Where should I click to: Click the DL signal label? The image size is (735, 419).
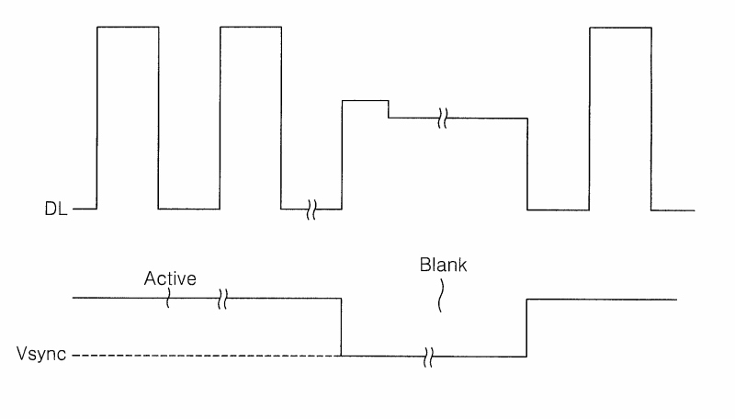(56, 209)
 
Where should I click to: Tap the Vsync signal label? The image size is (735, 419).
(41, 354)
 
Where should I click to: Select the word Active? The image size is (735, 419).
(170, 278)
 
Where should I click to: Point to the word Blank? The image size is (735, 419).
(443, 265)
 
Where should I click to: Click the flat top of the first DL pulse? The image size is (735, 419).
(128, 28)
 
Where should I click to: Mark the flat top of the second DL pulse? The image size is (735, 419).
(251, 28)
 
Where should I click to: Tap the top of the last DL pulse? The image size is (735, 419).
(620, 28)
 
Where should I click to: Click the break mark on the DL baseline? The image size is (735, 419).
(311, 209)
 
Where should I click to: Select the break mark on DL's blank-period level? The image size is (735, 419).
(443, 119)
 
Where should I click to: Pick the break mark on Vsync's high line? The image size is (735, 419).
(222, 299)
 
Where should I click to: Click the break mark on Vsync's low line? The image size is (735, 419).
(428, 357)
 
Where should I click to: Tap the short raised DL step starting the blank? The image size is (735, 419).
(365, 101)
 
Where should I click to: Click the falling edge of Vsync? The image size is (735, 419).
(341, 327)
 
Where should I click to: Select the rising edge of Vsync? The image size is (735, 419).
(526, 328)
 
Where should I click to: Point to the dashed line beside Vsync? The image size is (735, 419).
(207, 356)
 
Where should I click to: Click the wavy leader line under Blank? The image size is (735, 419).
(441, 296)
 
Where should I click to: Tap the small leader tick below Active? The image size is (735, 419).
(168, 298)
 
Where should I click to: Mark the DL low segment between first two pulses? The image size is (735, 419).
(189, 209)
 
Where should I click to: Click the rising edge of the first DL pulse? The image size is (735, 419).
(97, 118)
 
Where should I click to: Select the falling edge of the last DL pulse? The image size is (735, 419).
(651, 119)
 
